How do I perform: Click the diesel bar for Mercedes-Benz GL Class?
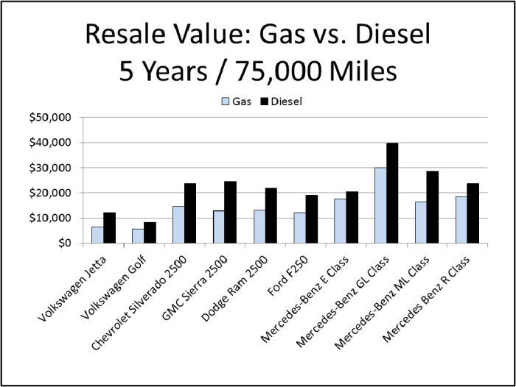(x=392, y=193)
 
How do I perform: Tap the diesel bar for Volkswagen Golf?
(x=150, y=232)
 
